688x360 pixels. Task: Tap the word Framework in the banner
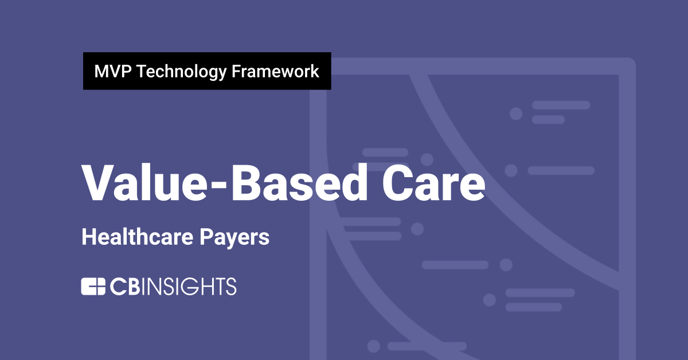(x=275, y=72)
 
